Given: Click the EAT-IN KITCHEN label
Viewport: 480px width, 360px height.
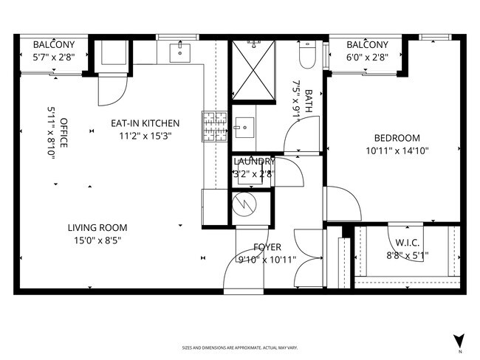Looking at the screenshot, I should pyautogui.click(x=145, y=123).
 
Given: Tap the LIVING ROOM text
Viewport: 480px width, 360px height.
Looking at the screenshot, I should pyautogui.click(x=97, y=228).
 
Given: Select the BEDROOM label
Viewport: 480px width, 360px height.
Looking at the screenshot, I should pyautogui.click(x=397, y=138).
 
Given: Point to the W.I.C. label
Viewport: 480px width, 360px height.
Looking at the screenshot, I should pyautogui.click(x=407, y=243).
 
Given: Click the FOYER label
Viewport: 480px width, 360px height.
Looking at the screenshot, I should pyautogui.click(x=267, y=247).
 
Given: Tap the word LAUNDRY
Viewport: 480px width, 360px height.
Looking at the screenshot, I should pyautogui.click(x=254, y=162).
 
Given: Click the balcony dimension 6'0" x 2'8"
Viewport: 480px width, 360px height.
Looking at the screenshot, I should pyautogui.click(x=367, y=57).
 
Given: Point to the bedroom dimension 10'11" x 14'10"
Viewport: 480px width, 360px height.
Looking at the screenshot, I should pyautogui.click(x=397, y=150).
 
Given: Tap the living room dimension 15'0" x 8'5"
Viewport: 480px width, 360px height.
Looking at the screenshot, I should pyautogui.click(x=97, y=240).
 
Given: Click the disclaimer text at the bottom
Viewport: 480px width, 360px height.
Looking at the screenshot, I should pyautogui.click(x=239, y=347).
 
